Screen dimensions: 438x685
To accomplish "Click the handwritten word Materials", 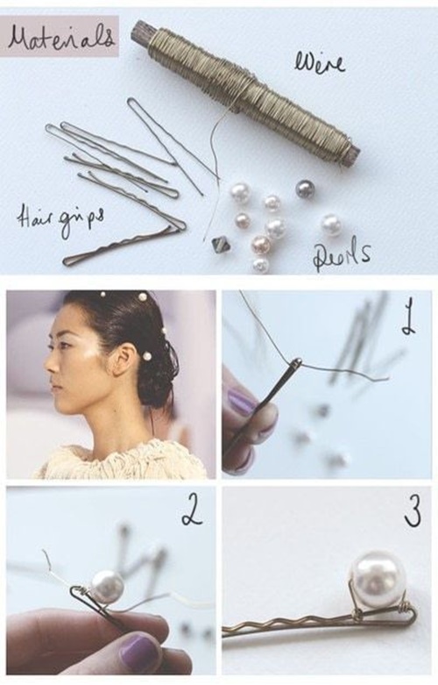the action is point(61,37).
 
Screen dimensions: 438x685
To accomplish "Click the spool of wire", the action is point(246,89).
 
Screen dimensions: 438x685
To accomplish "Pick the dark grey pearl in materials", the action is point(304,189).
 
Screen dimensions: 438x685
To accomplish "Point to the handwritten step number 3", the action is point(413,512).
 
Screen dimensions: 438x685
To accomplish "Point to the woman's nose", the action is point(52,365).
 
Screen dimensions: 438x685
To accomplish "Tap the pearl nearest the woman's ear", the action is point(147,356).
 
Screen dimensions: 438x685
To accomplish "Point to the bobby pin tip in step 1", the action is point(297,361).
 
